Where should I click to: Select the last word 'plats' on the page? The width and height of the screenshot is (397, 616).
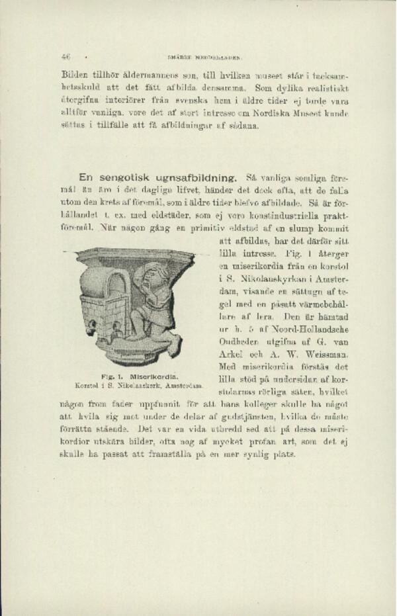click(x=284, y=457)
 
